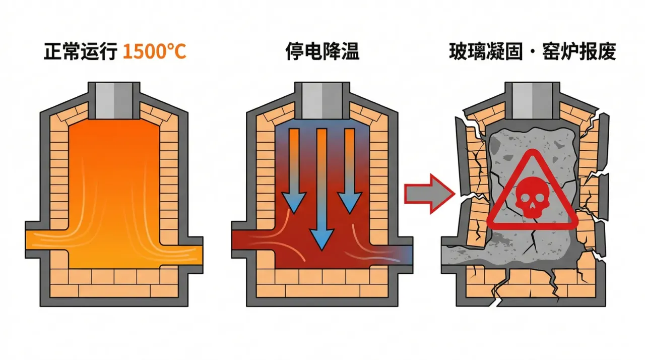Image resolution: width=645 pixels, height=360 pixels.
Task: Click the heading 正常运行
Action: click(81, 52)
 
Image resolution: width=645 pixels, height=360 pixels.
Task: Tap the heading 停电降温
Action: click(322, 52)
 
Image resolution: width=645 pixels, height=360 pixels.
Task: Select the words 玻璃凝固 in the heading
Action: click(484, 52)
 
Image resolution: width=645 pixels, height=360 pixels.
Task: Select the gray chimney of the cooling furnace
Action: click(322, 97)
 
